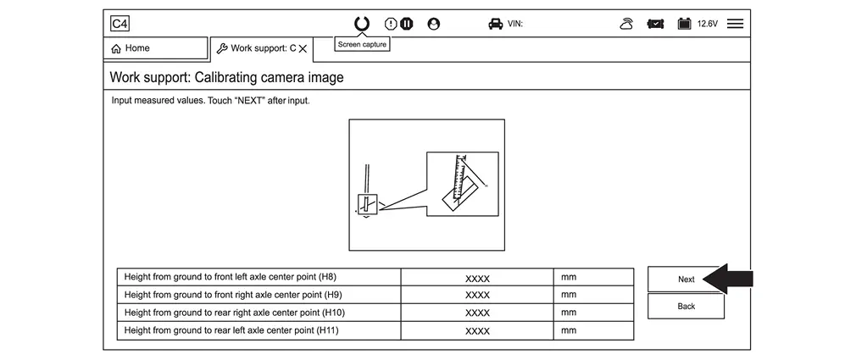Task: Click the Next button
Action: click(x=686, y=280)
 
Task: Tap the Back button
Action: click(x=686, y=306)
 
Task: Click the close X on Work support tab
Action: click(x=303, y=48)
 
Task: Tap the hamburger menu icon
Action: click(x=735, y=24)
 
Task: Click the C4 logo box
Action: click(x=120, y=24)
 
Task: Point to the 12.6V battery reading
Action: click(x=708, y=24)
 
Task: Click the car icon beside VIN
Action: click(x=495, y=24)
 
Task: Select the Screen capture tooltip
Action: click(x=362, y=45)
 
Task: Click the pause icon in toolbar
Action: click(x=406, y=24)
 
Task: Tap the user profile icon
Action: click(x=433, y=24)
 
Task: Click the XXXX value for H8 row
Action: click(x=477, y=278)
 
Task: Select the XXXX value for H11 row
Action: click(x=477, y=330)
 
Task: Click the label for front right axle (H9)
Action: click(x=233, y=295)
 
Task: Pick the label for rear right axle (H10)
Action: click(x=235, y=313)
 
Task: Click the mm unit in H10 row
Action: click(x=569, y=313)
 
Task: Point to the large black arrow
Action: click(x=728, y=279)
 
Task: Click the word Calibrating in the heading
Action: click(x=236, y=77)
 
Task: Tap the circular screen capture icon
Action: click(x=362, y=24)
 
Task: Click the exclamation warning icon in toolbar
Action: click(x=391, y=24)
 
